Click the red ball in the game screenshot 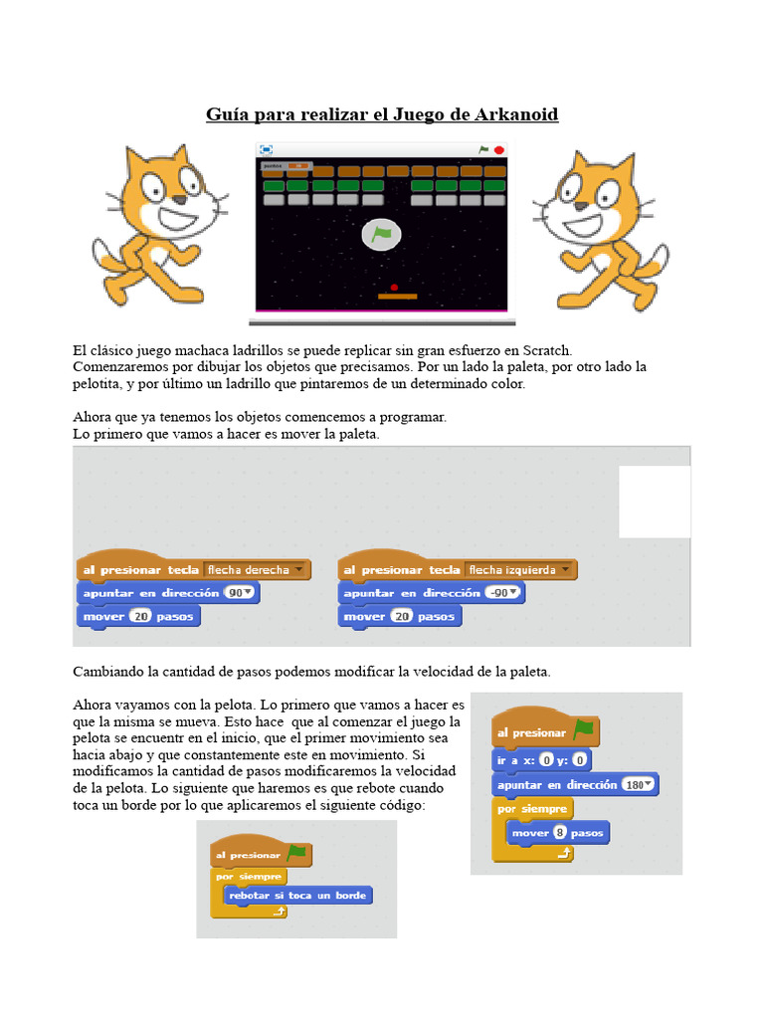[394, 287]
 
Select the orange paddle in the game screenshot [398, 297]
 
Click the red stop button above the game [499, 150]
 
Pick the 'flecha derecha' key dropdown [255, 570]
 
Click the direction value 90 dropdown [240, 592]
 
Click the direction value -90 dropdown [504, 593]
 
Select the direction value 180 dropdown [638, 785]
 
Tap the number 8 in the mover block [561, 832]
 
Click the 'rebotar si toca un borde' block [297, 896]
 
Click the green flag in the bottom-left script [296, 853]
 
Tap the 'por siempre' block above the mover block [532, 809]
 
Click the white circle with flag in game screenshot [382, 235]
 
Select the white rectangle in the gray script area [655, 502]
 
